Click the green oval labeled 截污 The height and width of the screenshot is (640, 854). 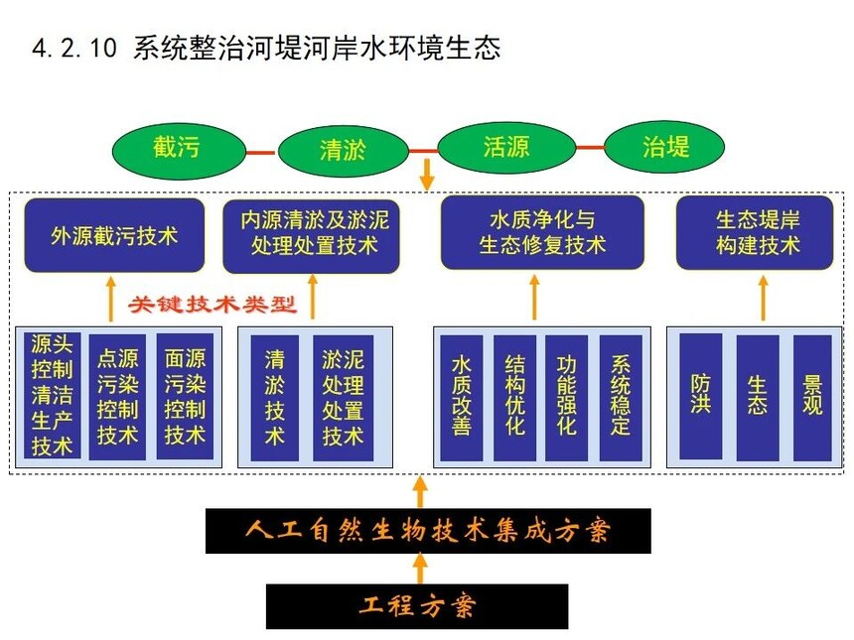(x=179, y=151)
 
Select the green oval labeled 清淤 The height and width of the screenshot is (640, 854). (x=344, y=151)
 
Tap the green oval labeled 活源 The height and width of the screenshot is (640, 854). (x=506, y=147)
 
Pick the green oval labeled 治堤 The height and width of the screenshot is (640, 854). (x=664, y=147)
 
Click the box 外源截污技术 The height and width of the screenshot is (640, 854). (x=114, y=235)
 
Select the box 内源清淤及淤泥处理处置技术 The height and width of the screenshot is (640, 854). (x=312, y=236)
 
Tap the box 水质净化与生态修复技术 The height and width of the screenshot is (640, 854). (x=542, y=232)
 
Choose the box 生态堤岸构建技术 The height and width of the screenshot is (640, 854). (x=755, y=232)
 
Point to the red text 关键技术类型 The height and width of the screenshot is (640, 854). (x=213, y=304)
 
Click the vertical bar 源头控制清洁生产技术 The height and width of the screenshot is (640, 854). (x=53, y=396)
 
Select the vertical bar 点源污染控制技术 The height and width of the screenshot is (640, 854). (x=117, y=397)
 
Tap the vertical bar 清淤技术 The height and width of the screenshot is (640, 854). (x=274, y=398)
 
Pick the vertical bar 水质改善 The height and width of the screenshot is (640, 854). (x=462, y=398)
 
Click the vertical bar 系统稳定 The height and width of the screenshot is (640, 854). (x=621, y=398)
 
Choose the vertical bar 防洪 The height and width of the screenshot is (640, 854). (x=701, y=398)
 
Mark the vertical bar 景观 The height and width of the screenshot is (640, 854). (x=812, y=398)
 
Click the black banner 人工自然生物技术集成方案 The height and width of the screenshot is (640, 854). (x=428, y=531)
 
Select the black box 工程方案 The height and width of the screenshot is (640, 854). (x=417, y=606)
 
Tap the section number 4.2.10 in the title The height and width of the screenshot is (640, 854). (x=74, y=48)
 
